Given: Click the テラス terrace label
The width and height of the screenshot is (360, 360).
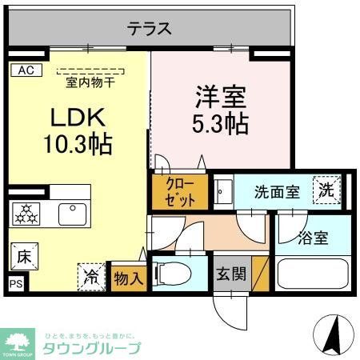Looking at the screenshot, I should point(150,29).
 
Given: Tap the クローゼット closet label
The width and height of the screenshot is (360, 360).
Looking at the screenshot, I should point(179,190).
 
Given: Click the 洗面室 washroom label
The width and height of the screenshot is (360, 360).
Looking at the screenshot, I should point(276,192).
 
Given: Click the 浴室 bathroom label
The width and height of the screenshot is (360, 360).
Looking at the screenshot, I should point(312,238).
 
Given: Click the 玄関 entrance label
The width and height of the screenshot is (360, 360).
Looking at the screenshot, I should point(230,274).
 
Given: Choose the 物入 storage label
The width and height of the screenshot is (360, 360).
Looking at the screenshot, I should point(128,278).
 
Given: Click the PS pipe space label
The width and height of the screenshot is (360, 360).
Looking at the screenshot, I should point(15,283).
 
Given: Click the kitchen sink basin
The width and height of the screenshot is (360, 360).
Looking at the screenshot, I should point(71,214).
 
